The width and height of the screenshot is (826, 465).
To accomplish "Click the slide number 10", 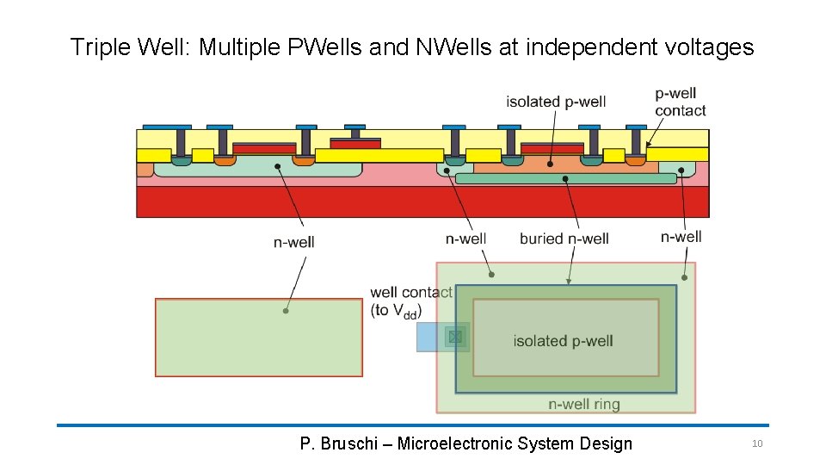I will coord(757,443).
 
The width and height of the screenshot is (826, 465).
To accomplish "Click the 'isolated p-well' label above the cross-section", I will coord(556,102).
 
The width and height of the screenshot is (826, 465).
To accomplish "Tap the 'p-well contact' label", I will coord(680,102).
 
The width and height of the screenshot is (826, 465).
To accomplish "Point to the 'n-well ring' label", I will coord(584,404).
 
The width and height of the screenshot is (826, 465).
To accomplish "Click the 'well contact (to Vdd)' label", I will coord(410,301).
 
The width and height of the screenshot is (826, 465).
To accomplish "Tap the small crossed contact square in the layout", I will coord(455,337).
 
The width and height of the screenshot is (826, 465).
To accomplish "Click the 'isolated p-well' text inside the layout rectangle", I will coord(563,341).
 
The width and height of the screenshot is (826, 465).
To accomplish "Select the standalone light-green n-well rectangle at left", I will coord(258,337).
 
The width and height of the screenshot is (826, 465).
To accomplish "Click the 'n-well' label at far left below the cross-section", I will coord(293,242).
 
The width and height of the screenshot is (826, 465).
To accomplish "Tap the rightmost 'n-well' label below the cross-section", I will coord(681,237).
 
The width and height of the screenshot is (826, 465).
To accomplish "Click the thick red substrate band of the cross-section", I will coord(422,201).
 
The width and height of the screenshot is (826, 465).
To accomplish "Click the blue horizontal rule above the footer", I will coord(413,425).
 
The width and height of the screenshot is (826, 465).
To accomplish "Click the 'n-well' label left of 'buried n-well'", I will coord(465,239).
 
